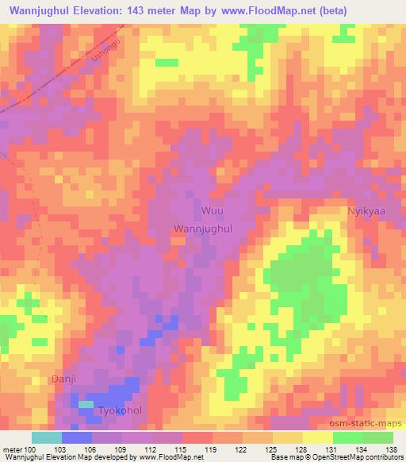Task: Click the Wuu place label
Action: (212, 211)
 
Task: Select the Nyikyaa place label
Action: (366, 211)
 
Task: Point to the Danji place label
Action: (63, 379)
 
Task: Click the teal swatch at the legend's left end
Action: (46, 437)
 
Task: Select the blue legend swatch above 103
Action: (77, 437)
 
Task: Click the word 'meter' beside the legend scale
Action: (11, 449)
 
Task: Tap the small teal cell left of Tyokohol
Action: (85, 405)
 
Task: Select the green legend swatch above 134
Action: (347, 437)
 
